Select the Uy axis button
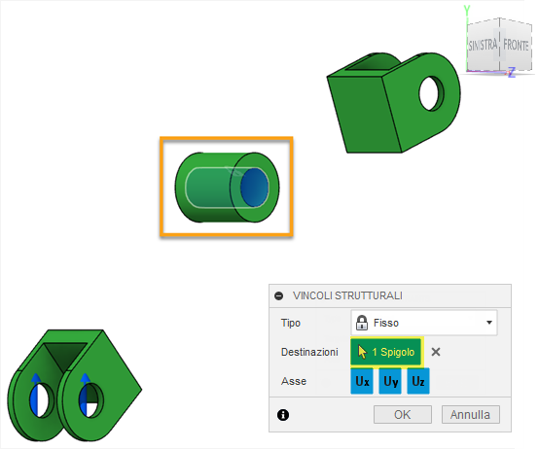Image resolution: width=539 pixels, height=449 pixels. coord(390,382)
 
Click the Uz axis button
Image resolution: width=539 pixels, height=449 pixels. coord(418,382)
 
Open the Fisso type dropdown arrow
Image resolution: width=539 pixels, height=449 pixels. coord(487,323)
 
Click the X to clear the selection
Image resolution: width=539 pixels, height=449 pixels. coord(436,352)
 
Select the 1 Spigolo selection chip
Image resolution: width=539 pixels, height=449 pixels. coord(385,352)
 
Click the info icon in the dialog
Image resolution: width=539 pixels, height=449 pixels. coord(283,415)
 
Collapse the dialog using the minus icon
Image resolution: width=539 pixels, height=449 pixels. coord(279,295)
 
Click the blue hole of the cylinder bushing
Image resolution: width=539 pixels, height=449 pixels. coord(254,186)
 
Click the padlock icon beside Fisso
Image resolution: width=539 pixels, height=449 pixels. coord(362,323)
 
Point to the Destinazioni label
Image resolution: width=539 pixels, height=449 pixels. coord(308,352)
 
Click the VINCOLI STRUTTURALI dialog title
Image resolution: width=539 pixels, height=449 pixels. coord(347,295)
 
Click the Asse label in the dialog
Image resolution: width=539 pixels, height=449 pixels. coord(294,382)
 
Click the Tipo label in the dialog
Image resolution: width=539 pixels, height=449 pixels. coord(291,323)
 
